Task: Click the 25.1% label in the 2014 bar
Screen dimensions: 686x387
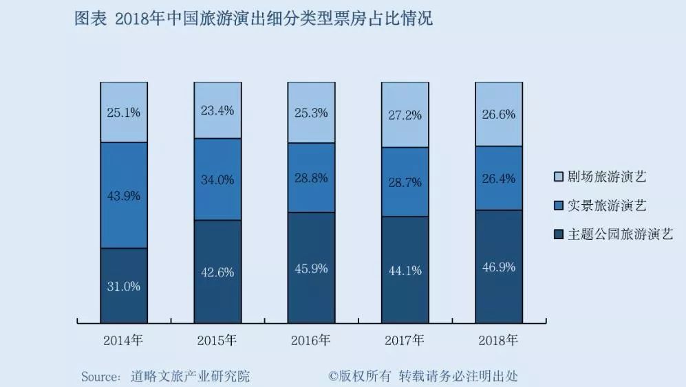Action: coord(124,113)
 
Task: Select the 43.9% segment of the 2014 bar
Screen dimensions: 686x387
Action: coord(124,195)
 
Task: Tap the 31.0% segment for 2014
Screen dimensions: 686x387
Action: coord(124,286)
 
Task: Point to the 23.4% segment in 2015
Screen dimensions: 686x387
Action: coord(217,110)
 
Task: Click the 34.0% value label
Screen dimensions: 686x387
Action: coord(217,179)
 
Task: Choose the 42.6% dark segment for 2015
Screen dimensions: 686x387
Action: coord(217,272)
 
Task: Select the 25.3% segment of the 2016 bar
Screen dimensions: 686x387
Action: coord(312,112)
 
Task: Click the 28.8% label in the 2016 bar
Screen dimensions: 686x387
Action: coord(311,178)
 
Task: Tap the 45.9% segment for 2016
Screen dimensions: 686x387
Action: coord(312,267)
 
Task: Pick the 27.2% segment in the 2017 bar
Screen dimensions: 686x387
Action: coord(405,115)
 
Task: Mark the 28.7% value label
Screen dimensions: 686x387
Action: coord(405,182)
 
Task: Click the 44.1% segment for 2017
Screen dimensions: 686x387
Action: coord(405,270)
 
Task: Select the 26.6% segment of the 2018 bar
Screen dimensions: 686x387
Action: coord(499,114)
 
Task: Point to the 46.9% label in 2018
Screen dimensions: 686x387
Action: coord(499,267)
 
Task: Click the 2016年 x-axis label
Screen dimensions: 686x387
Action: coord(311,340)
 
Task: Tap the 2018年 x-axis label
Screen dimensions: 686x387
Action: coord(498,340)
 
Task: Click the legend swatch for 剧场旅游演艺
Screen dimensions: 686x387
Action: coord(559,177)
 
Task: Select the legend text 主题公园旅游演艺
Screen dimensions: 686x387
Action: coord(621,234)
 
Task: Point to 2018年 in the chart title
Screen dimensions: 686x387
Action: coord(140,19)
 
